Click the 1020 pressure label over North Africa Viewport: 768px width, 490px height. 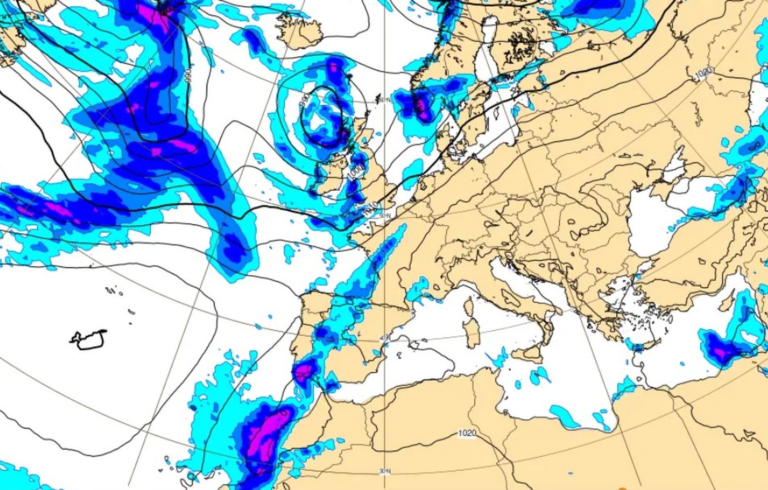[x=467, y=433]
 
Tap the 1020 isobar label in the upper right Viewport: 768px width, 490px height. [x=703, y=73]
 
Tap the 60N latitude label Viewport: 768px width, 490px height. [x=384, y=100]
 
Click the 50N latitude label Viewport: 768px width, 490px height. [x=384, y=216]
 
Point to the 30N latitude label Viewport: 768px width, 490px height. [x=384, y=472]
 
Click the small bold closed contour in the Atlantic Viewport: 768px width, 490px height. [x=89, y=339]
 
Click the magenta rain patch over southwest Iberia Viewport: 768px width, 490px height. [x=304, y=371]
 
